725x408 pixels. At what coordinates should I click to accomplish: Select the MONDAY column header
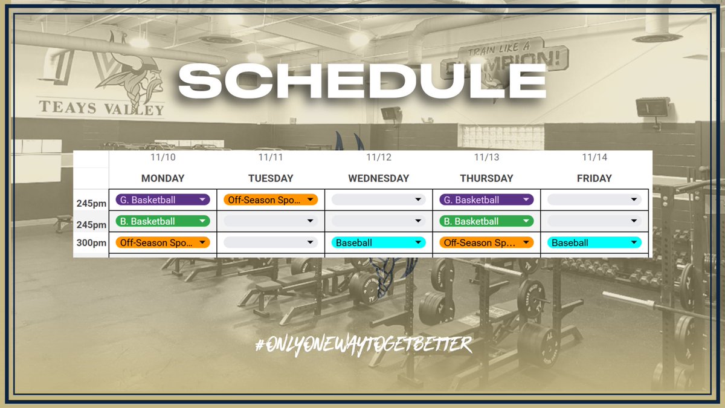coord(163,178)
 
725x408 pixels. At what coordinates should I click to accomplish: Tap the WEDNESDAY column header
coord(378,178)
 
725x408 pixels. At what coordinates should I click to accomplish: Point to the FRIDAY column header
coord(594,178)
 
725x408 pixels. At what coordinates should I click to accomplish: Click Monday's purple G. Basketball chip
coord(163,199)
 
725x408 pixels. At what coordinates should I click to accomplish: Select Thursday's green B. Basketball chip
coord(486,221)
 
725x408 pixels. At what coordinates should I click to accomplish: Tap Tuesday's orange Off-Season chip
coord(271,199)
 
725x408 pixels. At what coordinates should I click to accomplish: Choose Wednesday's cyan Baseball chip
coord(378,242)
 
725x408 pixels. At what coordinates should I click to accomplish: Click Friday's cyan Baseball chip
coord(594,242)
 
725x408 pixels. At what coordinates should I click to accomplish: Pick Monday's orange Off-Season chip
coord(163,242)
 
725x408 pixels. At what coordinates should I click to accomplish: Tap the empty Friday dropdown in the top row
coord(594,199)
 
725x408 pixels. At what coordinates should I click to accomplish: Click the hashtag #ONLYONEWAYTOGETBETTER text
coord(362,345)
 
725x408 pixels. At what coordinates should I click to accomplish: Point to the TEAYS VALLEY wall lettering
coord(101,109)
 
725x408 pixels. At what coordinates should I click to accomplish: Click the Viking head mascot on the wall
coord(124,76)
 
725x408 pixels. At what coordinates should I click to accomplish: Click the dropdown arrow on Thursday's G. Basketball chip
coord(526,199)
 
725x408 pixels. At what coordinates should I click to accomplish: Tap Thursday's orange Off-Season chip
coord(486,242)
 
